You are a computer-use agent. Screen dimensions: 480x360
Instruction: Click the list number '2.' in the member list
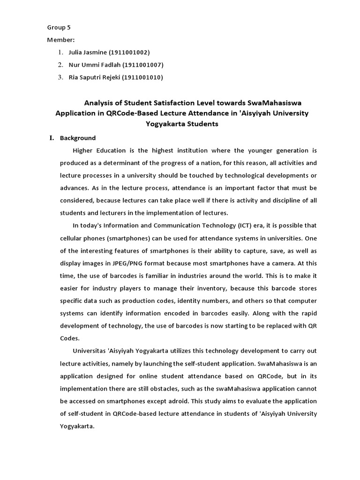pos(60,65)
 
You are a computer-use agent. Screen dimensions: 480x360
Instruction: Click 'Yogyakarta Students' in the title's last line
pos(182,124)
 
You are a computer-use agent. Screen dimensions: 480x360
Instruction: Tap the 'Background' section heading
pos(78,138)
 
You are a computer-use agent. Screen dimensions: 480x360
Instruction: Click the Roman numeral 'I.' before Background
pos(52,138)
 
